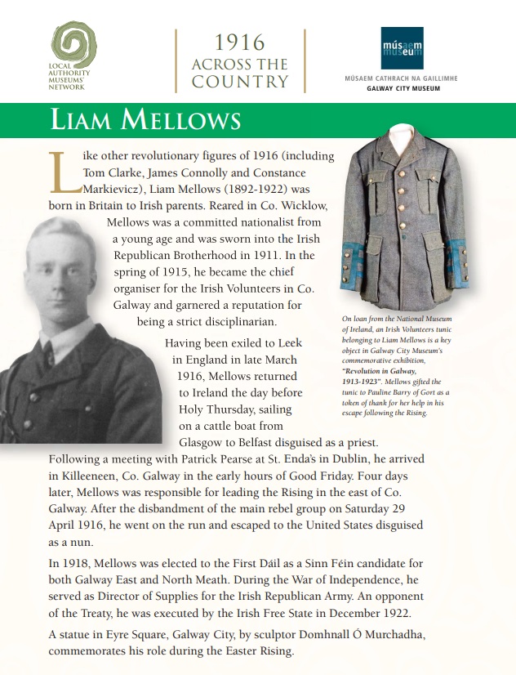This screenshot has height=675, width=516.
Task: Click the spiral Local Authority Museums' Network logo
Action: pyautogui.click(x=73, y=46)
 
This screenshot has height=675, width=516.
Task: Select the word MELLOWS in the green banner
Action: pyautogui.click(x=180, y=119)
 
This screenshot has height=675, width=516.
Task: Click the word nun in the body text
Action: pyautogui.click(x=71, y=542)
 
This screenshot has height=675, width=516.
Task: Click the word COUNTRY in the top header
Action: pyautogui.click(x=240, y=82)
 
